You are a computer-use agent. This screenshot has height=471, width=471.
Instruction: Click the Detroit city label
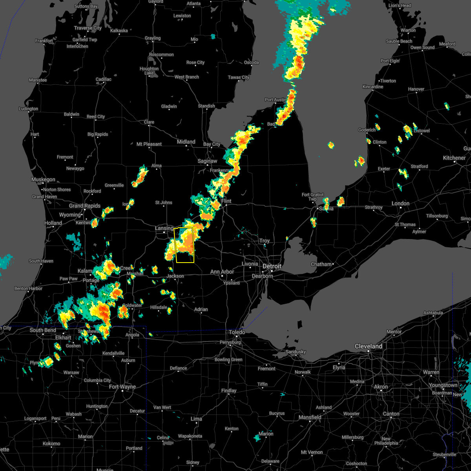tap(272, 266)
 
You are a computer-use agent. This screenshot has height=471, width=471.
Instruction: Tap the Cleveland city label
tap(368, 346)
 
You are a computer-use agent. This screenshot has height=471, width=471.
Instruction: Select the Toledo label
tap(237, 332)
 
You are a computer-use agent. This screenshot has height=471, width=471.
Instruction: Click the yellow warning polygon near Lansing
tap(184, 245)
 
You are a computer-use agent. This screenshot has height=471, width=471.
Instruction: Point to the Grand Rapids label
tap(85, 206)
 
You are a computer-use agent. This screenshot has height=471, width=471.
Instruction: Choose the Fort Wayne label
tap(122, 387)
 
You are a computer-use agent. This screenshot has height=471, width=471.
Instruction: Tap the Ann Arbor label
tap(222, 272)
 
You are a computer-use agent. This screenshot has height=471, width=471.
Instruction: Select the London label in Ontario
tap(400, 203)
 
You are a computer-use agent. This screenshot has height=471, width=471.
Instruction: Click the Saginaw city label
tap(207, 161)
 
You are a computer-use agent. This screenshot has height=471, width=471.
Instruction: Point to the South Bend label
tap(43, 330)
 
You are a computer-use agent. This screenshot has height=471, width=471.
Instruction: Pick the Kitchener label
tap(454, 158)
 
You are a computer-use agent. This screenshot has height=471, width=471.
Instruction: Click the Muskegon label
tap(43, 179)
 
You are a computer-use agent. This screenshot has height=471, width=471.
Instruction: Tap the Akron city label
tap(381, 387)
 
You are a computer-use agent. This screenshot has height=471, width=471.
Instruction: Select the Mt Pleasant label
tap(149, 144)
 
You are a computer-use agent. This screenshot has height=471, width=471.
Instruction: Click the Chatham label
tap(321, 264)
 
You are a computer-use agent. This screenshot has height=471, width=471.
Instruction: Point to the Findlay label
tap(229, 391)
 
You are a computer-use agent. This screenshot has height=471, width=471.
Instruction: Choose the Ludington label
tap(29, 109)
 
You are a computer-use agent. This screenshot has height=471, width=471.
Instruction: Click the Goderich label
tap(367, 130)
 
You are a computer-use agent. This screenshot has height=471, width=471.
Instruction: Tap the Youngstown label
tap(443, 385)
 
